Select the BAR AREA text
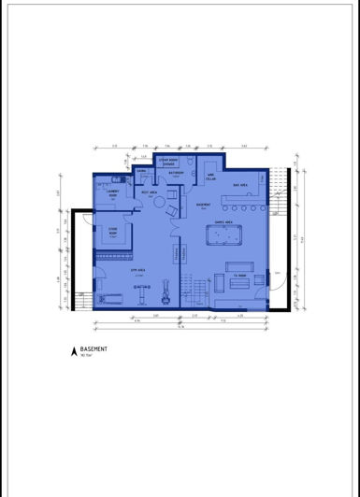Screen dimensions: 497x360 tap(239, 185)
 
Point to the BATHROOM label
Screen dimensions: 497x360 tap(176, 173)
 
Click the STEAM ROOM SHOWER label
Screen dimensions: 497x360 tap(168, 161)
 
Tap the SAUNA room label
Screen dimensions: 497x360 tap(141, 172)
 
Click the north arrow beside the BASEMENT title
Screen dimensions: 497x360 tap(73, 351)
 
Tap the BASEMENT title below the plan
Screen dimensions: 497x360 tap(94, 348)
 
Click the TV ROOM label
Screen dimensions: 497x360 tap(239, 276)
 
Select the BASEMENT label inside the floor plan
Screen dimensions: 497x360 tap(201, 204)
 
